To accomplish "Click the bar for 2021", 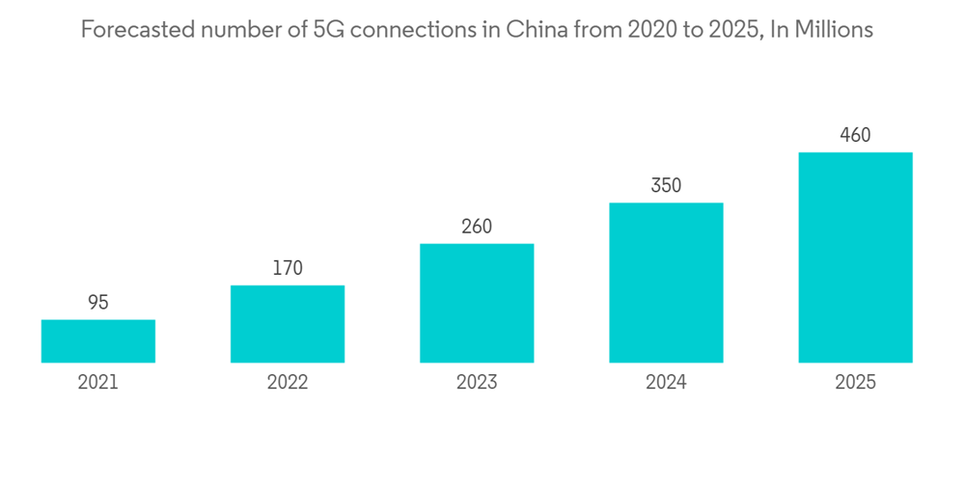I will (x=98, y=341).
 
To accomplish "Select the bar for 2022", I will (x=288, y=324).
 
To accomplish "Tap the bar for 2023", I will (x=477, y=303).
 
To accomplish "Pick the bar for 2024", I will (x=666, y=283).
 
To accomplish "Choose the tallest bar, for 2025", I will (x=855, y=257).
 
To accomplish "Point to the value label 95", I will (x=98, y=303).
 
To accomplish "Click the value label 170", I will (x=288, y=268).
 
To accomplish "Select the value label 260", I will (x=477, y=227).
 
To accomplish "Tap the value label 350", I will (x=666, y=185).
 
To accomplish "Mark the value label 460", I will (x=855, y=135).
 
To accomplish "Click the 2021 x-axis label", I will (x=98, y=383).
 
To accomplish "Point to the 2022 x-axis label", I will (x=288, y=383).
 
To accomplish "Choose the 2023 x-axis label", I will (x=477, y=383).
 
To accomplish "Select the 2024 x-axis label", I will (x=666, y=383).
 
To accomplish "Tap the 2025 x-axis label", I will (x=855, y=383).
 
